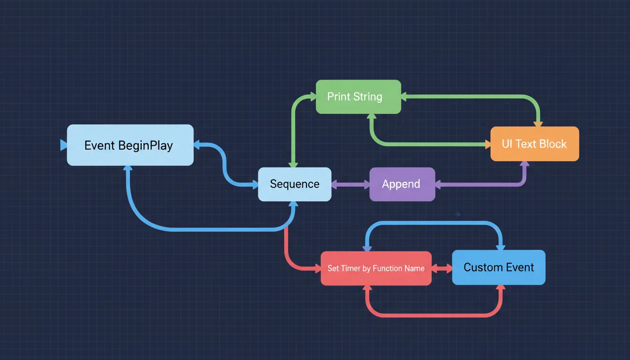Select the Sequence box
(294, 184)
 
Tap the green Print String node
(358, 97)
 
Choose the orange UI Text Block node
(534, 144)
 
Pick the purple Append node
(402, 184)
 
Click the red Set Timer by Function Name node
(375, 268)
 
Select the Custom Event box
(498, 267)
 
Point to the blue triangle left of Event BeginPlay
(64, 145)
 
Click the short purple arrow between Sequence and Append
(351, 185)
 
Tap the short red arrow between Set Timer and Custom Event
(442, 269)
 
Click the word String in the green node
(368, 97)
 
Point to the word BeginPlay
(145, 145)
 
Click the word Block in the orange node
(552, 144)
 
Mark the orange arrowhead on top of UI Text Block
(538, 124)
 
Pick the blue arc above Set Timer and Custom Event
(434, 222)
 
